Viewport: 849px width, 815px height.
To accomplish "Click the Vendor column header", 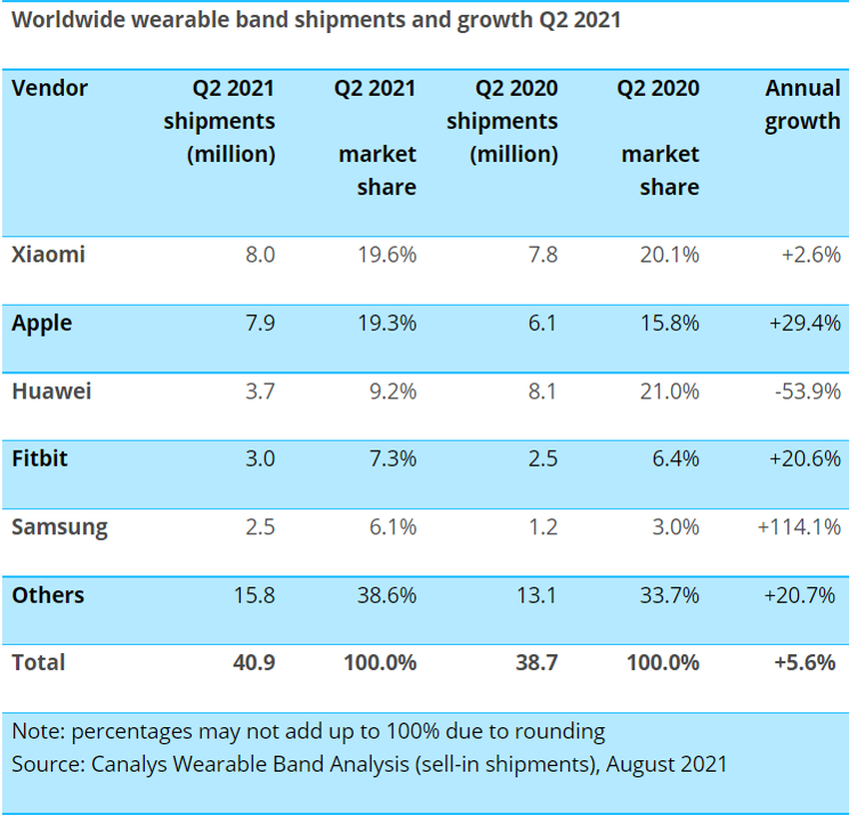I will click(x=50, y=88).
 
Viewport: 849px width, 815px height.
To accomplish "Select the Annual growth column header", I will click(x=802, y=105).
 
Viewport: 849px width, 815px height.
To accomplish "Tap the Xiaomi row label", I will click(x=48, y=255).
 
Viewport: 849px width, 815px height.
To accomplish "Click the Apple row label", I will click(x=42, y=324).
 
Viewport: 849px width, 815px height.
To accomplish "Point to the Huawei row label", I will click(x=51, y=392).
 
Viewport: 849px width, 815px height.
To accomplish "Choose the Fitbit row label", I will click(x=40, y=459).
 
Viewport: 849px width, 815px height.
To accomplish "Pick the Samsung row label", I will click(x=59, y=527).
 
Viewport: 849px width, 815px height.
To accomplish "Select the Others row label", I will click(x=48, y=595).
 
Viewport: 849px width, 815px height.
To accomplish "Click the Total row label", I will click(x=38, y=662).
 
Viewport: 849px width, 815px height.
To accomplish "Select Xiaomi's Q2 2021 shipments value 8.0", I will click(x=259, y=255).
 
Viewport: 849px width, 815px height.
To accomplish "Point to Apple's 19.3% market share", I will click(x=387, y=324).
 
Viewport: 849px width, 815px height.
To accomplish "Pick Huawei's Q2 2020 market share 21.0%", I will click(x=669, y=392).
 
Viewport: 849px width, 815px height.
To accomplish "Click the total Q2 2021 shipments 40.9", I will click(x=254, y=662).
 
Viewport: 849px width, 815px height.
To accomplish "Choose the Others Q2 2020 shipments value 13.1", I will click(x=536, y=595).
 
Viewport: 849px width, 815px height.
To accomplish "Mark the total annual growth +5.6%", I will click(x=803, y=662).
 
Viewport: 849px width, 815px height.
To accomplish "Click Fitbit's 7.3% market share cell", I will click(x=393, y=459).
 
